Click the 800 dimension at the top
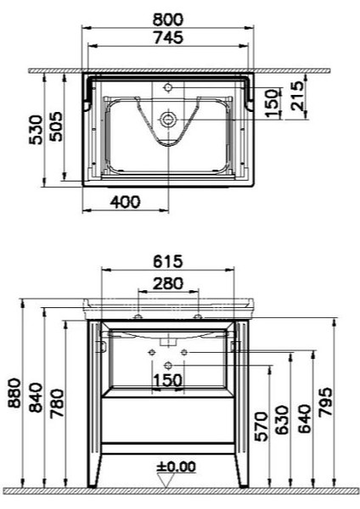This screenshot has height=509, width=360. click(x=168, y=20)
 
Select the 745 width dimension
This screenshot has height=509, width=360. click(x=168, y=37)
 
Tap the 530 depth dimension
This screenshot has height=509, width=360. click(x=36, y=130)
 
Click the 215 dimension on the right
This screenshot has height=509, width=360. click(x=298, y=96)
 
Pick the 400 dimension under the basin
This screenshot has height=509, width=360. click(x=126, y=202)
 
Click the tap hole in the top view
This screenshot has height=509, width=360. click(x=168, y=87)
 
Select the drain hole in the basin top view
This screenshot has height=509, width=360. click(x=168, y=120)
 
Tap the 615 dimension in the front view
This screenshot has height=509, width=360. click(x=168, y=261)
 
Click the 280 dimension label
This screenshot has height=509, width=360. click(x=168, y=283)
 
